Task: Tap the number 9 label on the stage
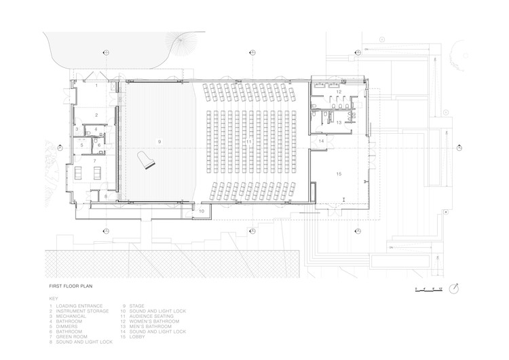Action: pyautogui.click(x=158, y=141)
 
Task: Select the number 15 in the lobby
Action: pyautogui.click(x=337, y=174)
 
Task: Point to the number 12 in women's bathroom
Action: pyautogui.click(x=337, y=91)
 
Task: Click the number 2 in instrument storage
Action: pyautogui.click(x=97, y=115)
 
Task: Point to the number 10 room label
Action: pyautogui.click(x=202, y=212)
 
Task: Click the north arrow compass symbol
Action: pyautogui.click(x=461, y=288)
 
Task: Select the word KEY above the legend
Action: pyautogui.click(x=54, y=299)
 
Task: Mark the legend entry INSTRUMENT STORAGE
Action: pyautogui.click(x=82, y=311)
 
